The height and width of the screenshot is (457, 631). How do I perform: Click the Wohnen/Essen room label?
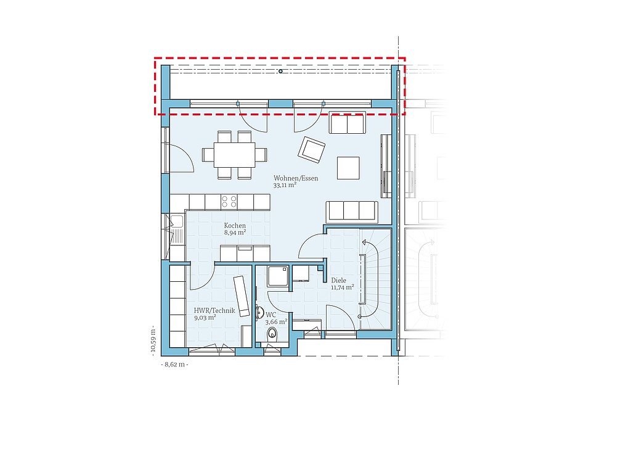click(x=296, y=178)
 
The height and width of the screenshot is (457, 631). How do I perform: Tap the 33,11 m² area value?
click(x=285, y=185)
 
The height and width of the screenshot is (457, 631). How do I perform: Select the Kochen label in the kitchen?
click(x=235, y=226)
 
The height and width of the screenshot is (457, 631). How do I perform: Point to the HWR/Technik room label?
click(x=214, y=310)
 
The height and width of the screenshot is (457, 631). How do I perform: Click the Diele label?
click(x=338, y=280)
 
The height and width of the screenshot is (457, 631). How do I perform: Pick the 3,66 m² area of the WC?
click(x=276, y=322)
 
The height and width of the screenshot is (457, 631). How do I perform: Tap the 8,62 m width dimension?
click(x=175, y=364)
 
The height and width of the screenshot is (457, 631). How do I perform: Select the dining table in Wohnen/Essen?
click(x=235, y=155)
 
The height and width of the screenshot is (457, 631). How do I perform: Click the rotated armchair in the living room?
click(x=311, y=150)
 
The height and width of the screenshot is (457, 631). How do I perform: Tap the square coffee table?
click(x=349, y=168)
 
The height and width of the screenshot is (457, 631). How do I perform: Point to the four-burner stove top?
click(x=229, y=202)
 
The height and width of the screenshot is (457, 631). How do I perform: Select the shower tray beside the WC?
click(x=278, y=276)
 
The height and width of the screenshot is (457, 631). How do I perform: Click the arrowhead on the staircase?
click(x=365, y=242)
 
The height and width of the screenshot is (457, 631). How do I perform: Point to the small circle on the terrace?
click(x=280, y=72)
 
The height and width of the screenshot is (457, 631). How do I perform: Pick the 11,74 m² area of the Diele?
click(x=343, y=287)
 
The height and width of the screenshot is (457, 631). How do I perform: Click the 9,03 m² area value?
click(x=205, y=318)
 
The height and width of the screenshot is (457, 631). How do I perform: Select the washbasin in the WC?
click(x=259, y=313)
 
